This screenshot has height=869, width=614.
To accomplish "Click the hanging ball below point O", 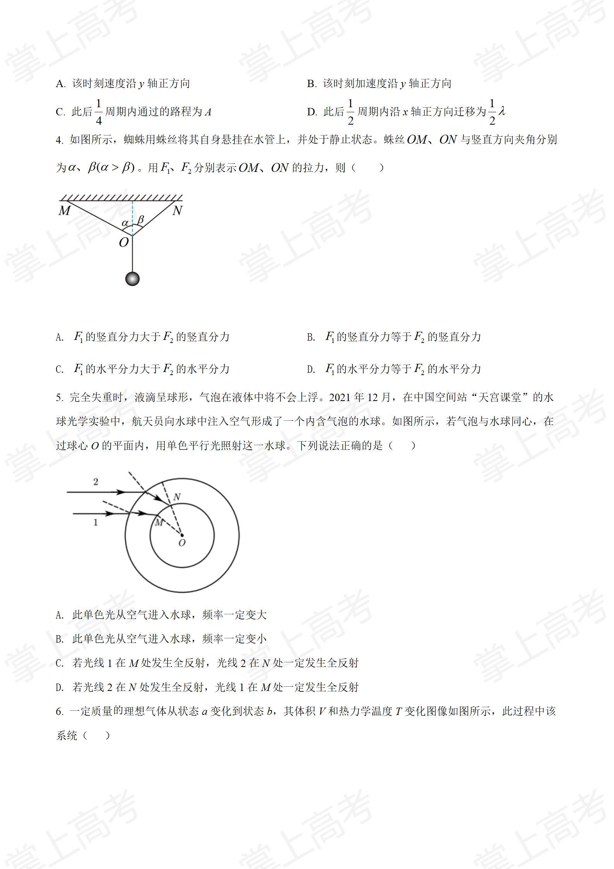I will tap(132, 279).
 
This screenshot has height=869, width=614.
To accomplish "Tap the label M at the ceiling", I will tap(64, 211).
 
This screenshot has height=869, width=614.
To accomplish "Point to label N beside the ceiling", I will tap(177, 211).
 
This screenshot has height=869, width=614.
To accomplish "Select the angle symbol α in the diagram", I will tap(125, 223).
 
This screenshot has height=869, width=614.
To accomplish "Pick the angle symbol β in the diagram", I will tap(140, 219).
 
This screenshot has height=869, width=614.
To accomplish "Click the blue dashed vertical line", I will tap(133, 217).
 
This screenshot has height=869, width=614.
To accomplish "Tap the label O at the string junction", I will tap(123, 243).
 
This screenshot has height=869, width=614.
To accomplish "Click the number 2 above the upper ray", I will tap(96, 482).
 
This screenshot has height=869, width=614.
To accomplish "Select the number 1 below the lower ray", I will tap(96, 523).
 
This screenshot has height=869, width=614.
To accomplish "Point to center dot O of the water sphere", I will tap(182, 536).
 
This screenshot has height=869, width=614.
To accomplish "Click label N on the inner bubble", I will tap(177, 497).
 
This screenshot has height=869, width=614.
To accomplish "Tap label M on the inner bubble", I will tap(159, 523).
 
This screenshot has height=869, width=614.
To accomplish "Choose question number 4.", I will tap(59, 140).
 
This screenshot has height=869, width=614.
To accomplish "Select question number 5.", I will tap(59, 398).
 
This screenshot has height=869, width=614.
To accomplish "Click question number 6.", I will tap(59, 711).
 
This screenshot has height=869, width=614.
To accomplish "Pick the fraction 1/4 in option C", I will tap(99, 112).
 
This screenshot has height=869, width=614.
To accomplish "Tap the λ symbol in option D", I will tap(502, 111).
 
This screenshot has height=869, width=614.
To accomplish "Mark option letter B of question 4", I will tap(311, 337).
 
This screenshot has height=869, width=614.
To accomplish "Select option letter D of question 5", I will tap(60, 687).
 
